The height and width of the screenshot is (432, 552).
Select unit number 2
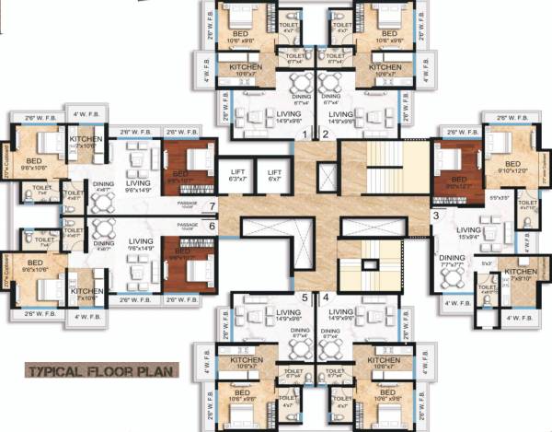(x=326, y=134)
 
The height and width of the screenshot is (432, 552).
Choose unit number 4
(x=326, y=298)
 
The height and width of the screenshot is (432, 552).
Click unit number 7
(x=213, y=205)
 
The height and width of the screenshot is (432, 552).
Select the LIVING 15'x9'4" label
(x=470, y=232)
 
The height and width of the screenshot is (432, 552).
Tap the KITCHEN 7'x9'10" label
(x=521, y=274)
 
